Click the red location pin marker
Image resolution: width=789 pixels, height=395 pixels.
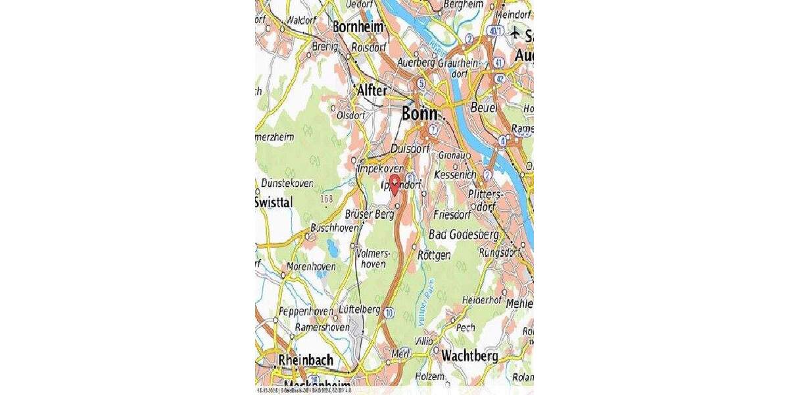[x=394, y=184]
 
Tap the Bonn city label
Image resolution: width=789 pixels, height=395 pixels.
[x=419, y=114]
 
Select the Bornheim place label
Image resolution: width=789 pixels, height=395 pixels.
[x=358, y=27]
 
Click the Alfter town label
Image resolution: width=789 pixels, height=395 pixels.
[x=371, y=91]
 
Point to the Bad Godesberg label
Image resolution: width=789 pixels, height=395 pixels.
[x=464, y=235]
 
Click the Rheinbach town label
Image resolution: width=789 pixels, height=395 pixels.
[x=305, y=361]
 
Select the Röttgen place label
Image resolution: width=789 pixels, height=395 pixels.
[x=435, y=255]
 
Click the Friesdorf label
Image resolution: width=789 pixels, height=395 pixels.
[x=454, y=215]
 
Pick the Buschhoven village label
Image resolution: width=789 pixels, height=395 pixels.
[x=335, y=228]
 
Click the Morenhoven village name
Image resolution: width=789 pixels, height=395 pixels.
[x=312, y=267]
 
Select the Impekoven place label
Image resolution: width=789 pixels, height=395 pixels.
[x=379, y=169]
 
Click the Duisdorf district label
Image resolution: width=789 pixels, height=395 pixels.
[x=410, y=149]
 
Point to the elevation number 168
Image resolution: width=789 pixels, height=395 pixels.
[x=327, y=198]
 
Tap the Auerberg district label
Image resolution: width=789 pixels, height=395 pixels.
[x=416, y=63]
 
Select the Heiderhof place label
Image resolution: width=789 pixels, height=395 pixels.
[x=482, y=300]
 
